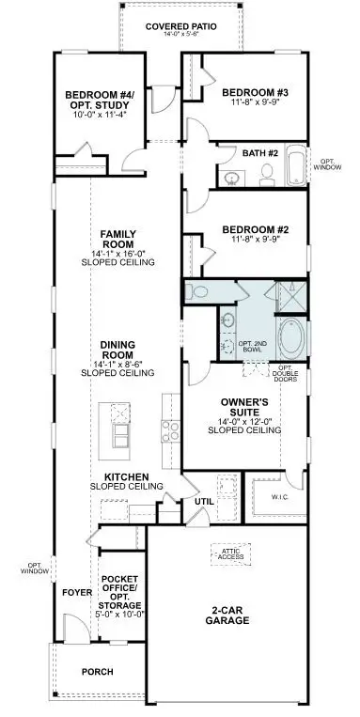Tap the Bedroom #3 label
coord(249,92)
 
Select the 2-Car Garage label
coord(229,616)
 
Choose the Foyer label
coord(76,593)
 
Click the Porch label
coord(97,672)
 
